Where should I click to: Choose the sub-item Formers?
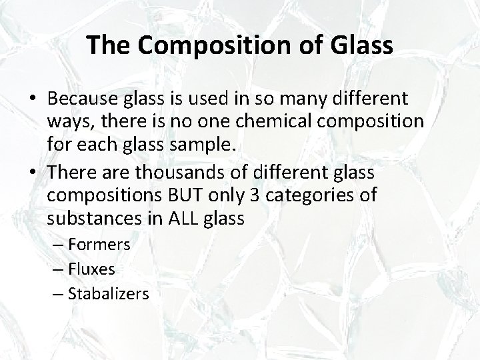coord(99,245)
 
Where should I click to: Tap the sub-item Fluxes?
coord(91,269)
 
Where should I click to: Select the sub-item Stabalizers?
coord(109,294)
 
